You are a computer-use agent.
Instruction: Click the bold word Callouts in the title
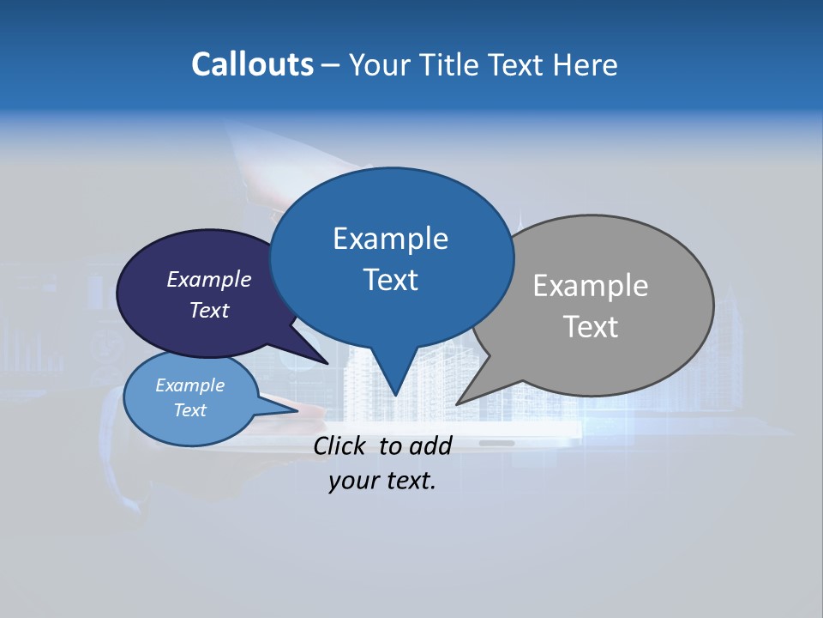tap(253, 64)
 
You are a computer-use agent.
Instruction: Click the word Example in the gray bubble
tap(591, 286)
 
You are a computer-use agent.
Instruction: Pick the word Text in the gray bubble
tap(591, 327)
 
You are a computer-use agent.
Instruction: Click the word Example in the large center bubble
tap(391, 239)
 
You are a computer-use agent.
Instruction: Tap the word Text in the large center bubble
tap(391, 280)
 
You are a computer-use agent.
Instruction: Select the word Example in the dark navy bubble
tap(209, 279)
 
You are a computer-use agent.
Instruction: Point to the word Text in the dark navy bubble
tap(209, 310)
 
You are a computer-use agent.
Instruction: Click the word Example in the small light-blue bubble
tap(190, 385)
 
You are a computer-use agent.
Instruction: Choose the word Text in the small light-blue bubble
tap(190, 410)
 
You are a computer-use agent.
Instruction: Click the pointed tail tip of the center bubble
tap(395, 395)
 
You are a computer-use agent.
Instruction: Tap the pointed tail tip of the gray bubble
tap(458, 403)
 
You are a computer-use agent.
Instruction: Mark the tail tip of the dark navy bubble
tap(327, 363)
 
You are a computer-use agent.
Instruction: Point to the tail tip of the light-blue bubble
tap(297, 410)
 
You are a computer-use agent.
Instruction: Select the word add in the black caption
tap(430, 445)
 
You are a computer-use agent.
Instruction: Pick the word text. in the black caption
tap(409, 482)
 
